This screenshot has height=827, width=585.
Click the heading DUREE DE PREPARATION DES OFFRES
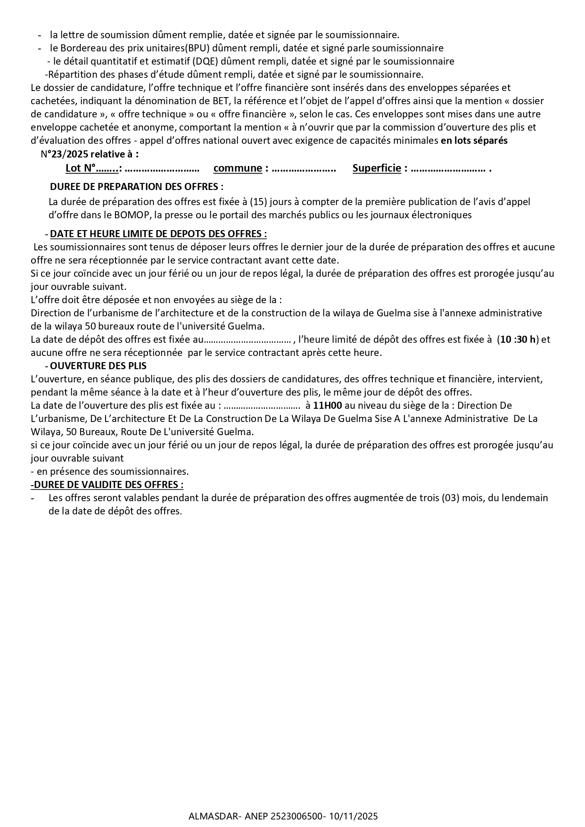pos(137,187)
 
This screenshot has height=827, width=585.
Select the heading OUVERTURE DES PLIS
pos(98,365)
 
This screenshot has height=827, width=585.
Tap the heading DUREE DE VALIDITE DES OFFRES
pos(107,484)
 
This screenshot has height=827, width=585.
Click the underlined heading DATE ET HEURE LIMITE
pos(158,234)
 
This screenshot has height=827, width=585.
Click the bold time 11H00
pos(327,405)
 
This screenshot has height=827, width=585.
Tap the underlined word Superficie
pos(377,168)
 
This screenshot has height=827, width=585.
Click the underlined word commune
pos(238,168)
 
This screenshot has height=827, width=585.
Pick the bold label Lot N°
pos(81,168)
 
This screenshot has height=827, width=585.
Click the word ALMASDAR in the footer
pos(207,816)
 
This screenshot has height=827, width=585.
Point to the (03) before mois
pos(450,498)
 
